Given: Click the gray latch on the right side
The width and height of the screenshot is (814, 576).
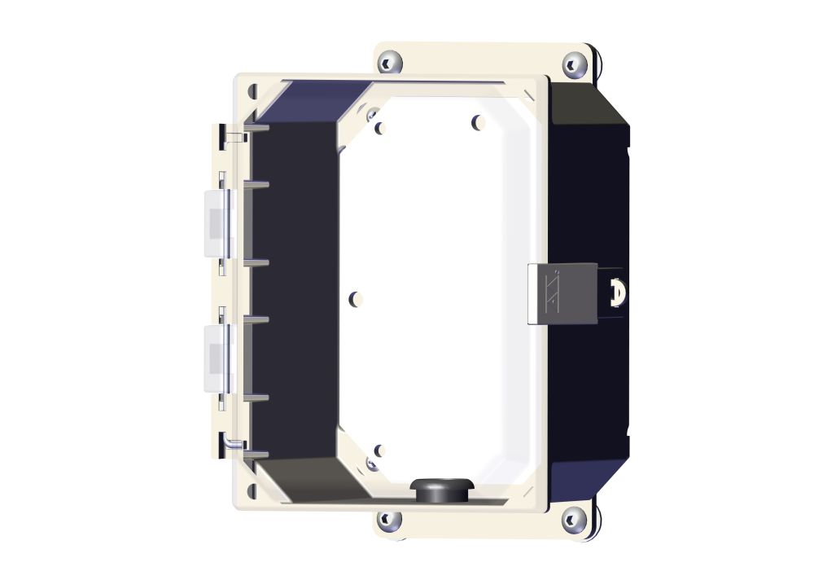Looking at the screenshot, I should tap(562, 293).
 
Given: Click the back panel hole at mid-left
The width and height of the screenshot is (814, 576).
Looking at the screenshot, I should tap(355, 300).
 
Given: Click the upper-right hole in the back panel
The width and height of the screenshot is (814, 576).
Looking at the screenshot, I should tap(479, 122).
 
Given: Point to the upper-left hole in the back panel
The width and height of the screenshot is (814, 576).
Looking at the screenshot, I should tap(380, 127).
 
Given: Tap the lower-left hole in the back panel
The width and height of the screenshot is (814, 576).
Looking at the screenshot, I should tap(379, 450).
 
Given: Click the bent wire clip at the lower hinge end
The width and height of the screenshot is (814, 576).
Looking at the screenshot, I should tap(233, 443).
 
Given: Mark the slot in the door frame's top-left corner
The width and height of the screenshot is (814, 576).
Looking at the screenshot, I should tap(252, 90).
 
